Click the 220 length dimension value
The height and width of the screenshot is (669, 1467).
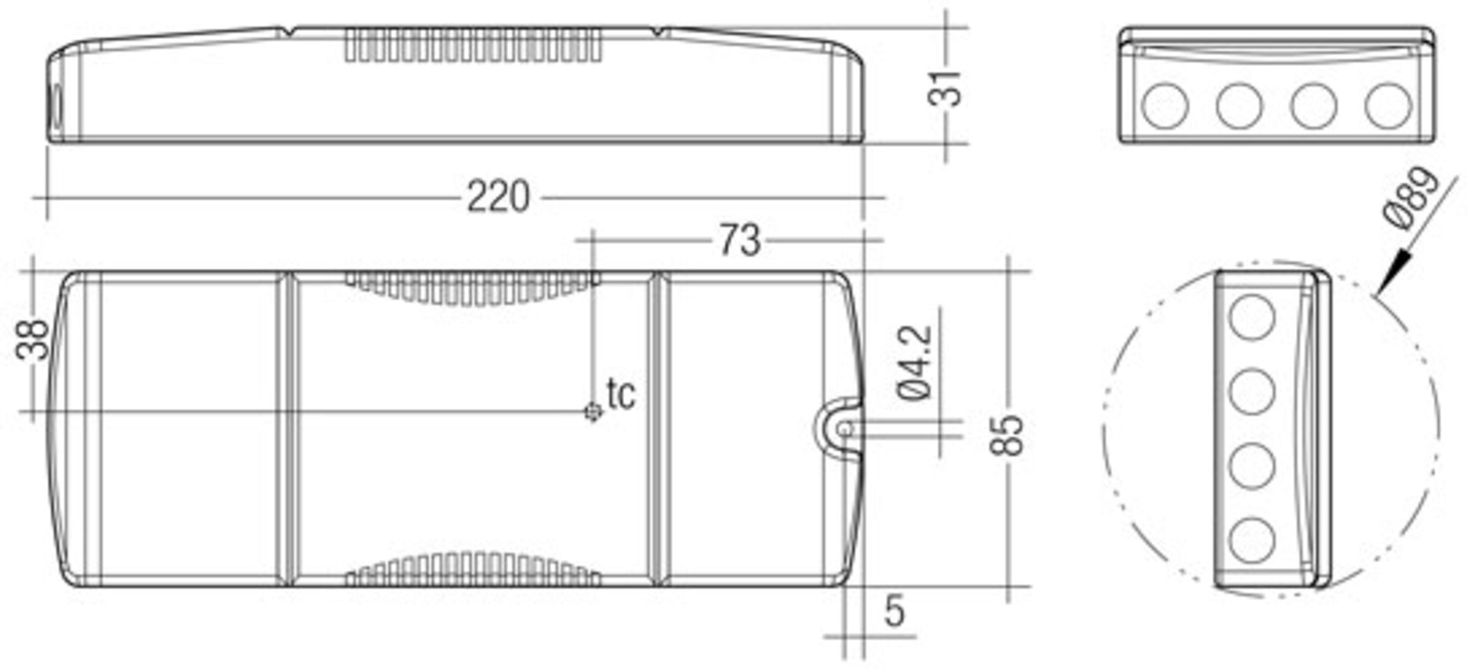498,198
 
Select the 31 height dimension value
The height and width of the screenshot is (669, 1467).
944,89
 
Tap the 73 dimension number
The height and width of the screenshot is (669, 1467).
740,240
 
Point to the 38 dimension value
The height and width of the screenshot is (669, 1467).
32,340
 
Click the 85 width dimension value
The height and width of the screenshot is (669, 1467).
1006,435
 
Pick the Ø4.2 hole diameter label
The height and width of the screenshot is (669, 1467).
915,363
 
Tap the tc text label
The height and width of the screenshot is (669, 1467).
621,394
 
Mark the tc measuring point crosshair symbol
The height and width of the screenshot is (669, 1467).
592,412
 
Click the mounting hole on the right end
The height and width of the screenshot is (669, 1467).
845,429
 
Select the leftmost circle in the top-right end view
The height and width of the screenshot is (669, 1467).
1164,106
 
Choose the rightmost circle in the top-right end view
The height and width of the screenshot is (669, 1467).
1388,106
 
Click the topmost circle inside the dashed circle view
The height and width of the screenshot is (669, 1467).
1252,317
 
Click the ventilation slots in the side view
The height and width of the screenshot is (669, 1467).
472,45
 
